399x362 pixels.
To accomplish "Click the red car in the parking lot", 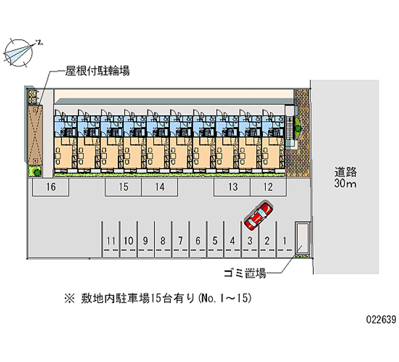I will [x=258, y=217].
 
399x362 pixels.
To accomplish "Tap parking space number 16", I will [x=50, y=187].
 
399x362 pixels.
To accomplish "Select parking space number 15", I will [x=123, y=187].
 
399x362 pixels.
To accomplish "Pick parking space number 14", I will [x=159, y=187].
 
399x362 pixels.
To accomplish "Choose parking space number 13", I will [x=232, y=187].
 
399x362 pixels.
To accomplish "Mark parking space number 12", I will [x=268, y=187].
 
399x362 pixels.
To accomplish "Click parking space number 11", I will [x=111, y=241].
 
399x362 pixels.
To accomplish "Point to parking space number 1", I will [x=284, y=241].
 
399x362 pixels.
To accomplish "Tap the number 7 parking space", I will [x=180, y=241].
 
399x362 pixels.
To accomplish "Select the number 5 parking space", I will [x=215, y=241].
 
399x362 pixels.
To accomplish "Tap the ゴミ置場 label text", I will [x=244, y=273].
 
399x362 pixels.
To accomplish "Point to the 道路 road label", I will [x=345, y=173].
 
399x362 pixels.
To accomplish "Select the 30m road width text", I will [x=345, y=185].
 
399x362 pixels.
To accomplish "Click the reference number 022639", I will [x=380, y=320].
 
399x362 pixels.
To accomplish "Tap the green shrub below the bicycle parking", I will [x=35, y=171].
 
